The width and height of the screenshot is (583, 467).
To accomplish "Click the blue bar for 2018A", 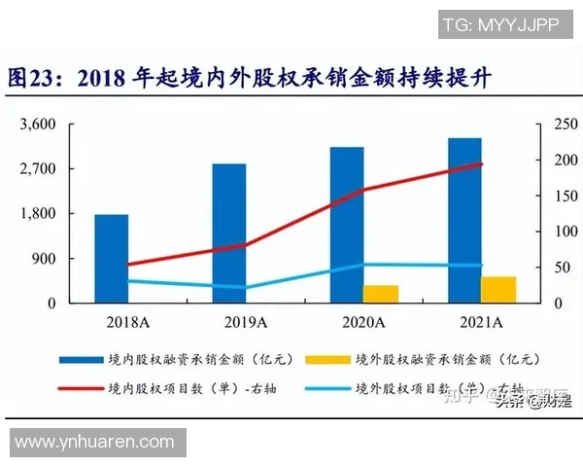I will coord(112,258).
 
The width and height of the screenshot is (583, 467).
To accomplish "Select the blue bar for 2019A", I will coord(229,233).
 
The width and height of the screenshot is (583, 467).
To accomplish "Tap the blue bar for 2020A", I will coord(347,225).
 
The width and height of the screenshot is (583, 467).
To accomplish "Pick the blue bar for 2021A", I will coord(464,220).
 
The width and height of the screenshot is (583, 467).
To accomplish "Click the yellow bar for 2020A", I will coord(381,294).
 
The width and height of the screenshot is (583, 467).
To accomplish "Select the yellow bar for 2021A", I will coord(498,290).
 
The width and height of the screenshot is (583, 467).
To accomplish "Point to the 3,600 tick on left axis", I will coord(38,125).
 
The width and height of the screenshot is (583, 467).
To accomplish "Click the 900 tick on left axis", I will coord(44,259).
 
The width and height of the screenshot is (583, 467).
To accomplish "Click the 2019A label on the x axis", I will coord(245,322).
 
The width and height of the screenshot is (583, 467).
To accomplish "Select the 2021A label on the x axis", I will coord(480,322).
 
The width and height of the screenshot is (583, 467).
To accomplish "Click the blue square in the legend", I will coord(77,359).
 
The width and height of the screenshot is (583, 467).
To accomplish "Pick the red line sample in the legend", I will coord(77,390).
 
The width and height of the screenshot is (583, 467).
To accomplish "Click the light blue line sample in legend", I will coord(326,390).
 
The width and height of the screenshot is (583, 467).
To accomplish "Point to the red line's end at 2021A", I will coord(481,163).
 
